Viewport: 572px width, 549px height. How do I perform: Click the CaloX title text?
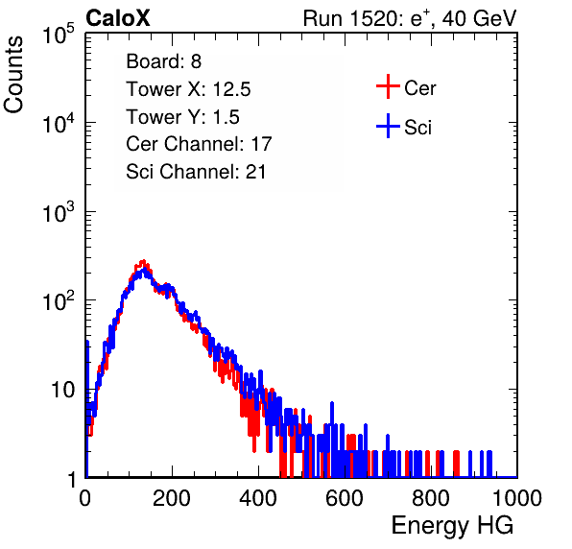[118, 18]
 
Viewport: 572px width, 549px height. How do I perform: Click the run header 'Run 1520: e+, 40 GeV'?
[410, 18]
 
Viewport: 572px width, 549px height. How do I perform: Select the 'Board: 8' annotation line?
[164, 61]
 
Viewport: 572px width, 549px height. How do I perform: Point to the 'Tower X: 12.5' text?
[188, 89]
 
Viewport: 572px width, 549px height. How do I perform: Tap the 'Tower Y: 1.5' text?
[182, 117]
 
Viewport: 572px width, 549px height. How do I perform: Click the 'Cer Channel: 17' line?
[199, 144]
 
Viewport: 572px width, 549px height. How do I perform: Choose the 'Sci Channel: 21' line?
[196, 172]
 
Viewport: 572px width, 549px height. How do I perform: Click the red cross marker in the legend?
[388, 86]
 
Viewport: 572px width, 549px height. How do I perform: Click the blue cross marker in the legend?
[388, 126]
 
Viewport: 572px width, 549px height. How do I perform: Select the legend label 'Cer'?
[419, 88]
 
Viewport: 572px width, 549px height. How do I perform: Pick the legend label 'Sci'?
[417, 128]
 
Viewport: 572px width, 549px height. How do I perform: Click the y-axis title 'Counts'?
[13, 75]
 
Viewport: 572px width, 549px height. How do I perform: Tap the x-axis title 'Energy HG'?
[452, 525]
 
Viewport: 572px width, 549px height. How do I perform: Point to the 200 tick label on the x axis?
[172, 498]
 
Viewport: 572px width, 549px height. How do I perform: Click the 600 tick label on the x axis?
[345, 498]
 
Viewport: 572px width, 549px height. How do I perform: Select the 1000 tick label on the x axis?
[517, 498]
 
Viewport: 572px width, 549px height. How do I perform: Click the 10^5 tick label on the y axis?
[59, 34]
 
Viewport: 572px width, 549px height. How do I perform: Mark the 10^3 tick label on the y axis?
[59, 211]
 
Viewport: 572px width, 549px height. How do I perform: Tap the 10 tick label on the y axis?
[62, 390]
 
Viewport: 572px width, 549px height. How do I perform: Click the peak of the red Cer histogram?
[143, 261]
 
